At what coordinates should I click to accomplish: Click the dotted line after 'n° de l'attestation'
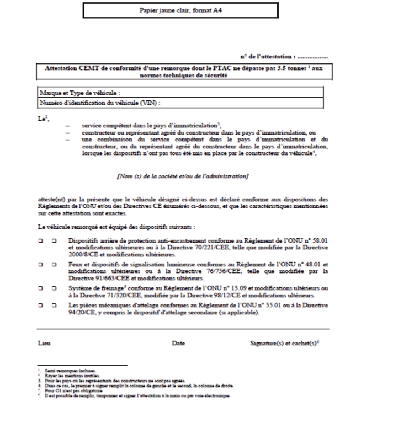tap(312, 57)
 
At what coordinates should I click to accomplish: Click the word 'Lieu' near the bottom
tap(44, 343)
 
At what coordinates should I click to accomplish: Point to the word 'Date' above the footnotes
tap(178, 343)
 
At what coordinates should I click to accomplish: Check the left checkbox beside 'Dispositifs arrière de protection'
tap(41, 241)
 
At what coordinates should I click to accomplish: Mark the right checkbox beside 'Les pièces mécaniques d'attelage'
tap(54, 305)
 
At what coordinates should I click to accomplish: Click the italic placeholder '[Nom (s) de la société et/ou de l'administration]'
tap(182, 176)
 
